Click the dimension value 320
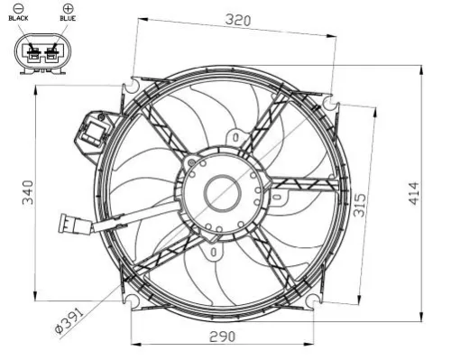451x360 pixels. tap(238, 19)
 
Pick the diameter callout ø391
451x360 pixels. tap(69, 319)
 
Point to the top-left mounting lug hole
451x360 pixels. tap(133, 88)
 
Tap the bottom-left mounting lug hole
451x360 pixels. tap(133, 298)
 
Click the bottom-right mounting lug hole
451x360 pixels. tap(311, 298)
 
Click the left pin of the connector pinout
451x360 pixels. tap(35, 56)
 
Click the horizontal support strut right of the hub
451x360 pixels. tap(302, 184)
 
